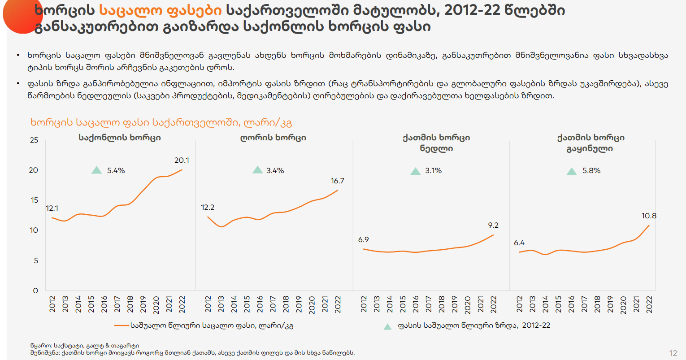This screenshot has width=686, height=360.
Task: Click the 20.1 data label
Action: coord(182,160)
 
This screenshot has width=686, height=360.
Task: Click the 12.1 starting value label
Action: coord(52,208)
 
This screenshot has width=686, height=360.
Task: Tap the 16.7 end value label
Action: coord(337,181)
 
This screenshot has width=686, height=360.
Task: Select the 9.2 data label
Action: coord(493,225)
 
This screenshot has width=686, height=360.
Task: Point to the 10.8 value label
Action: coord(649,216)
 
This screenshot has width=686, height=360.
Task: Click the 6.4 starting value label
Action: coord(519,243)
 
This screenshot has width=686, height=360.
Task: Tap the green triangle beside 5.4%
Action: coord(96,170)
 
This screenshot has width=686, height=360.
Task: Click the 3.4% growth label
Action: coord(275,170)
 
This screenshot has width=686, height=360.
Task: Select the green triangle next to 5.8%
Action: coord(572,171)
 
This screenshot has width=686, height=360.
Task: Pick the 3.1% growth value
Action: coord(433,170)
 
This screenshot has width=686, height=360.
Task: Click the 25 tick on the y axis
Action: coord(34,140)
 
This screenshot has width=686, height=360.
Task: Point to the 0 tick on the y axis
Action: coord(36,291)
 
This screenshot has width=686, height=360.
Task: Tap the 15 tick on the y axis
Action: coord(35,200)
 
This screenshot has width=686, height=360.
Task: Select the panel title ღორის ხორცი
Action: coord(273,138)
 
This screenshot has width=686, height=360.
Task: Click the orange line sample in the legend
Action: coord(121,325)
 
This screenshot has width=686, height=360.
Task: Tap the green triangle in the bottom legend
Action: coord(387,326)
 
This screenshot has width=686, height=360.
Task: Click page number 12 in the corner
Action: coord(673,353)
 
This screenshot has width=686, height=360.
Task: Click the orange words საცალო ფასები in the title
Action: coord(160,10)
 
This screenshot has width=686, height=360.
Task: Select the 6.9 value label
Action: coord(363,239)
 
